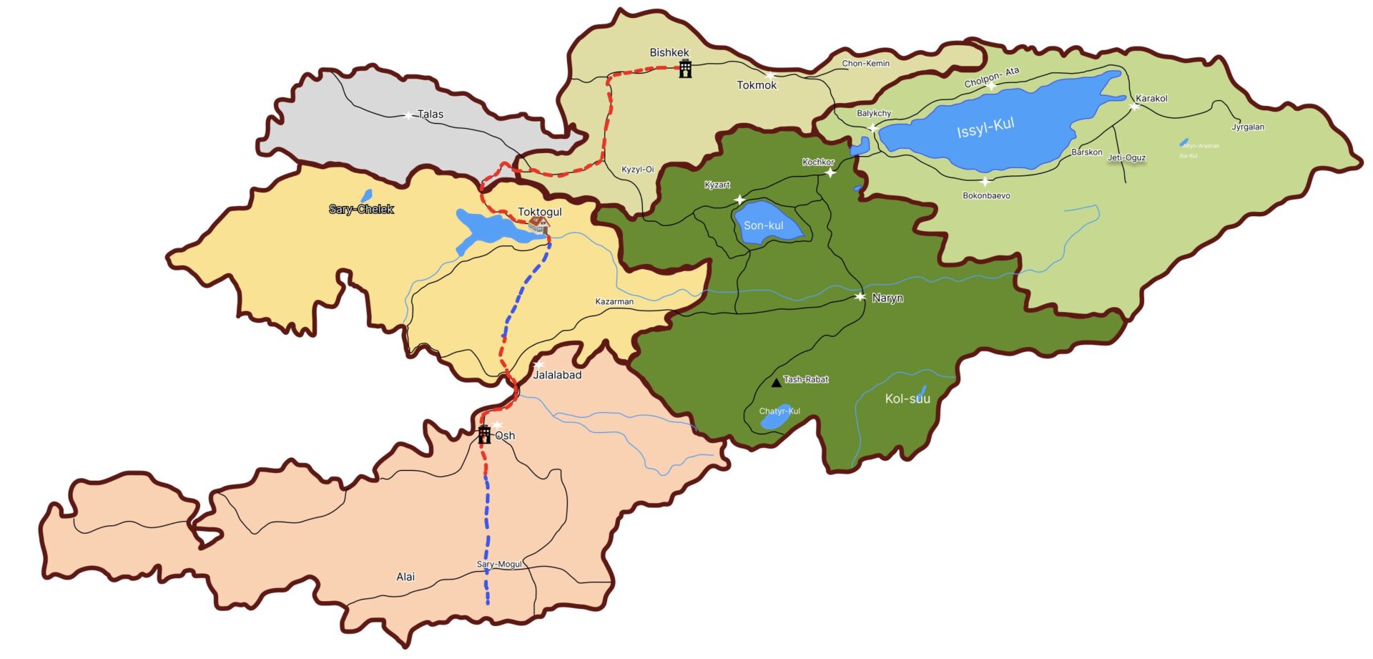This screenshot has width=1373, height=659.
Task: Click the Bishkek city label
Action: click(x=669, y=53)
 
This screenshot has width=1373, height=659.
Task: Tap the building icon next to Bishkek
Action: click(x=685, y=69)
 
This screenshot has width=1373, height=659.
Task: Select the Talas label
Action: click(x=430, y=114)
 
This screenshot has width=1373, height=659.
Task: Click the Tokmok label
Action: click(x=757, y=85)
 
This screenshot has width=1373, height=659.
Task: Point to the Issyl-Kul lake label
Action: click(x=985, y=128)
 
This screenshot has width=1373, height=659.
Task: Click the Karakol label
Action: click(x=1151, y=99)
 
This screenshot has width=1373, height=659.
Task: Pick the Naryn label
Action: click(x=887, y=298)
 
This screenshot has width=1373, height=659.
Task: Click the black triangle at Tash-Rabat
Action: click(x=776, y=383)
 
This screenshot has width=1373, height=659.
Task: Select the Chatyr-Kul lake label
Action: click(x=779, y=411)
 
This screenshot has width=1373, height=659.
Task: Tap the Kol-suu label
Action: click(x=907, y=399)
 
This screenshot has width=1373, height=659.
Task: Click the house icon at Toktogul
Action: click(x=538, y=225)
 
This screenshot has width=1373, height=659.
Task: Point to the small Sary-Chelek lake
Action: click(x=367, y=195)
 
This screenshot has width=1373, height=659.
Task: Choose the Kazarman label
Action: click(x=614, y=302)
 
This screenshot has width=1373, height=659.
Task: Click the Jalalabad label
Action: click(x=557, y=375)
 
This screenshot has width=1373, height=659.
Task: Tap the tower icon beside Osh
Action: click(x=484, y=434)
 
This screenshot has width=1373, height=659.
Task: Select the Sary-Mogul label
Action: click(x=499, y=565)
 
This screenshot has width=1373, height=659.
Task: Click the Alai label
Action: click(x=405, y=577)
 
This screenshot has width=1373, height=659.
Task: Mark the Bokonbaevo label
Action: click(x=986, y=196)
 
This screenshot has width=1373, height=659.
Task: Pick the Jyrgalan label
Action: click(x=1248, y=127)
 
